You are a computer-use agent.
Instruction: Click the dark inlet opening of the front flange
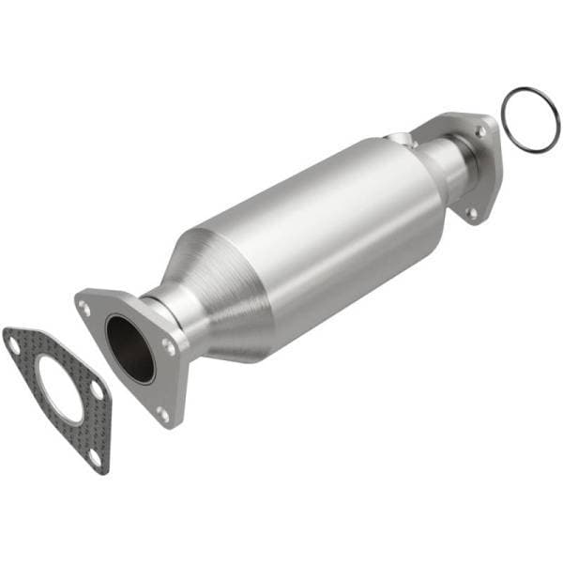[x=129, y=348]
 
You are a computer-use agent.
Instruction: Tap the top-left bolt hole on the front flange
[x=86, y=307]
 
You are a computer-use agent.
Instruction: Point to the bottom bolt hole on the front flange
[x=162, y=410]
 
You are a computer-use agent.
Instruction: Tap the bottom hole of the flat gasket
[x=94, y=457]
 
